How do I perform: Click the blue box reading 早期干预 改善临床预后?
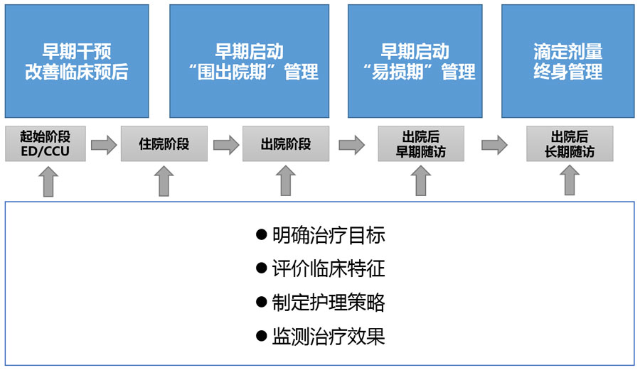pyautogui.click(x=77, y=61)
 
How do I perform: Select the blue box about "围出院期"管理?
pyautogui.click(x=249, y=61)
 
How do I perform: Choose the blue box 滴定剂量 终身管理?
pyautogui.click(x=567, y=61)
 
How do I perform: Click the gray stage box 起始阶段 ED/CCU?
pyautogui.click(x=46, y=144)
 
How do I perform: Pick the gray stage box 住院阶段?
pyautogui.click(x=164, y=144)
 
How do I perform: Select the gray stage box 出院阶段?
pyautogui.click(x=286, y=144)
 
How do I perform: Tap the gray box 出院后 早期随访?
pyautogui.click(x=421, y=144)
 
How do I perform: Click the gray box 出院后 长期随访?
pyautogui.click(x=570, y=144)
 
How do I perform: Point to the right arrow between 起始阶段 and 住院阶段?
pyautogui.click(x=104, y=145)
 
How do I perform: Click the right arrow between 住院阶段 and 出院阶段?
pyautogui.click(x=226, y=145)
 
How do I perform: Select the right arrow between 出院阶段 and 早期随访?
pyautogui.click(x=351, y=145)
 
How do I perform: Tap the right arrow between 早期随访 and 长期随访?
pyautogui.click(x=494, y=145)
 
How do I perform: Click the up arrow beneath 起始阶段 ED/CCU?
pyautogui.click(x=48, y=181)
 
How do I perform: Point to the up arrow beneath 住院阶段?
pyautogui.click(x=164, y=181)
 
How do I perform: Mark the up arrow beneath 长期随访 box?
pyautogui.click(x=570, y=181)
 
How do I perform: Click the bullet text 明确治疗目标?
pyautogui.click(x=329, y=236)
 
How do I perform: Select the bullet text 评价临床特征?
pyautogui.click(x=329, y=269)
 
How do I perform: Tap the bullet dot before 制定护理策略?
pyautogui.click(x=261, y=303)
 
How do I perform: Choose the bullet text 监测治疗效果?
pyautogui.click(x=329, y=336)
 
